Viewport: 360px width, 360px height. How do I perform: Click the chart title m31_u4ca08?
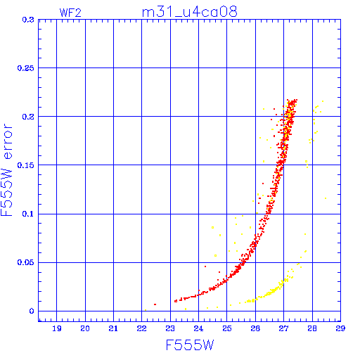(190, 12)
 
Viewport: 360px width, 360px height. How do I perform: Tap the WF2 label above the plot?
(70, 13)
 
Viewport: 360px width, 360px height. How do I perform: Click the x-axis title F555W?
(190, 345)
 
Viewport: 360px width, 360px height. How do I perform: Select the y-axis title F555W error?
(6, 170)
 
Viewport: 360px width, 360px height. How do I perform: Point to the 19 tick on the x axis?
(57, 328)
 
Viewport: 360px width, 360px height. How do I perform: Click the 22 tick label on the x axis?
(141, 328)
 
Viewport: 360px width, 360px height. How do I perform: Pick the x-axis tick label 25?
(227, 328)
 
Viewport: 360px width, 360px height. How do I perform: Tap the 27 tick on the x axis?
(283, 328)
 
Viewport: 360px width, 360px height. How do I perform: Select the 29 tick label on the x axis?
(340, 328)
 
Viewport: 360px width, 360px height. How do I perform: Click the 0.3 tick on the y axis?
(28, 20)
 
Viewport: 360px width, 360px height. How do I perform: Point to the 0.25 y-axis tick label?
(26, 68)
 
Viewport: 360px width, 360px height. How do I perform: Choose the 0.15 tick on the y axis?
(26, 165)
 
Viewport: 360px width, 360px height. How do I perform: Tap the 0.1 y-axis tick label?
(28, 214)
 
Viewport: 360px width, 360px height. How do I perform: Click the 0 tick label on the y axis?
(32, 311)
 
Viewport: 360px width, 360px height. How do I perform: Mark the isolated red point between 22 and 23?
(155, 304)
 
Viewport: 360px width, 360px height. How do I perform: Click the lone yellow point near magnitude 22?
(146, 310)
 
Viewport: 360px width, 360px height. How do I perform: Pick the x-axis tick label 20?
(85, 328)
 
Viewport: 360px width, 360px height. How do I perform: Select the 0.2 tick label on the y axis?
(28, 117)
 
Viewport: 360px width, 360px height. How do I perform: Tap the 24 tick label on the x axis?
(198, 328)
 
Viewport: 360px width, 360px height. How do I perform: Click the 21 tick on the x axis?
(113, 328)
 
